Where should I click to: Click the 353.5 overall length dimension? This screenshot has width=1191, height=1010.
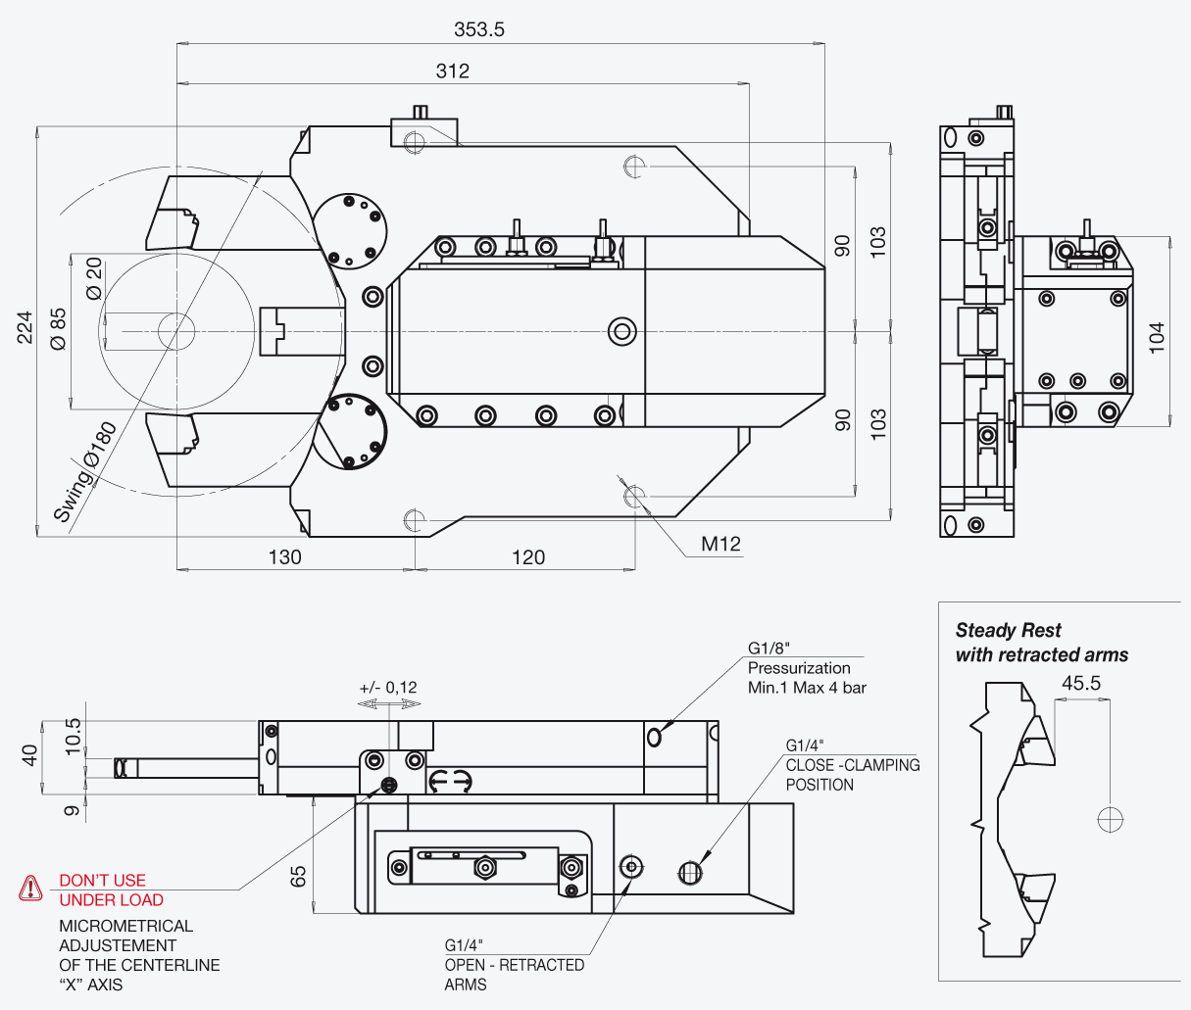coord(478,29)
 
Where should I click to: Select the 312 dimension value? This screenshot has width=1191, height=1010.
coord(452,72)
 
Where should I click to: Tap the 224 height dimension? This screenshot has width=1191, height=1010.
coord(25,327)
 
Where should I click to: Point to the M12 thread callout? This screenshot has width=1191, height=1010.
coord(720,544)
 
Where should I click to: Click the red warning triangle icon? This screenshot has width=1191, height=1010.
coord(30,888)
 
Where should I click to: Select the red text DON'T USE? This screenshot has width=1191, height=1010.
coord(103,881)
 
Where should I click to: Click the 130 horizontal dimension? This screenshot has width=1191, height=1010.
coord(284,557)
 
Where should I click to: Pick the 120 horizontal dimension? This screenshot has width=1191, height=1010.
coord(527,557)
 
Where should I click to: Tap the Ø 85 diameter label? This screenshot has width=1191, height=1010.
coord(58,329)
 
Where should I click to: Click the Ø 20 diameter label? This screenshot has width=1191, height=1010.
coord(94,279)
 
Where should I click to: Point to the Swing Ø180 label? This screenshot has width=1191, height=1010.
coord(86,472)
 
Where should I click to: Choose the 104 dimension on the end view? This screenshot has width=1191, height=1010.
coord(1157,338)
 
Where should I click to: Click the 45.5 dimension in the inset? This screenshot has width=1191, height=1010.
coord(1081,683)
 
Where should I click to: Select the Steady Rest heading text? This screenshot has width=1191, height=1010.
coord(1008,631)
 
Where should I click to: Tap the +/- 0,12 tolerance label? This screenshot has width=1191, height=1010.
coord(388,688)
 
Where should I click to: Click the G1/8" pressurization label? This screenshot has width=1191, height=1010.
coord(769,649)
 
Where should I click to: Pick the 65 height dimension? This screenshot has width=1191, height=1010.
coord(298,877)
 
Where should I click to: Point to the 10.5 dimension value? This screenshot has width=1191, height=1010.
coord(74,737)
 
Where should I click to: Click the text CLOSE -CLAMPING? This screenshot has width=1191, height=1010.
coord(853,765)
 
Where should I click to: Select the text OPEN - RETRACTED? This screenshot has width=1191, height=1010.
coord(515,965)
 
